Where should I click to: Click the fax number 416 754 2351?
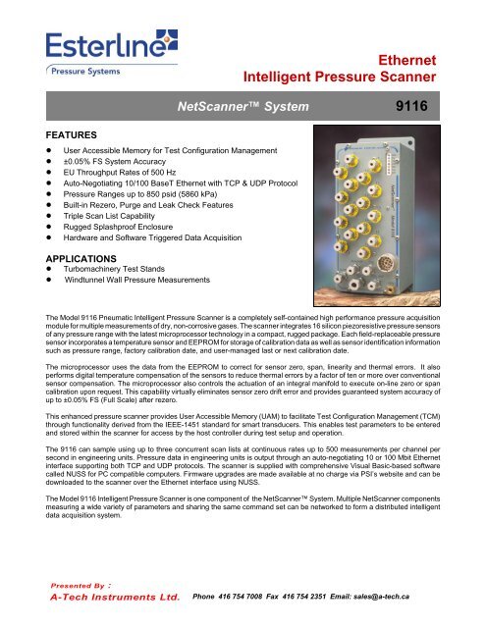click(x=344, y=596)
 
